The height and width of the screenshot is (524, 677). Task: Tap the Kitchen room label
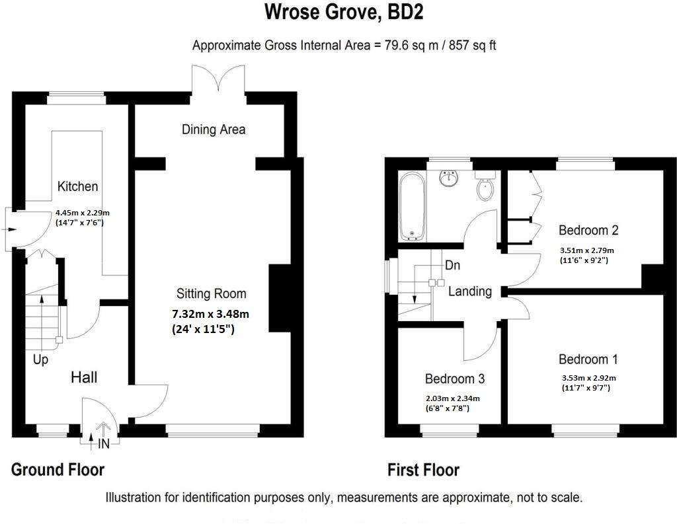point(77,187)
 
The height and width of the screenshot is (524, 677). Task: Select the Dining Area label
point(214,130)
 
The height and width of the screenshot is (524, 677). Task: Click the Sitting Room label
point(211,293)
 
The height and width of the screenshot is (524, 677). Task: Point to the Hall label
point(85,377)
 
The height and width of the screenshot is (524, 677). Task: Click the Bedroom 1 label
point(588,359)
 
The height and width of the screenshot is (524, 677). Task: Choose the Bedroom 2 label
point(588,231)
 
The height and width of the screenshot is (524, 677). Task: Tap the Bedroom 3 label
point(454,379)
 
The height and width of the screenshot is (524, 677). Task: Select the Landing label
point(469,291)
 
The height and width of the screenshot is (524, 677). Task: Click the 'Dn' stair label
point(452,266)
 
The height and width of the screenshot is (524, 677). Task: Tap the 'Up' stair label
point(40,361)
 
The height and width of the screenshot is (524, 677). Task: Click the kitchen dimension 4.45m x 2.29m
point(82,213)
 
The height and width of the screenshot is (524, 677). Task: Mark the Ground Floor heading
point(58,470)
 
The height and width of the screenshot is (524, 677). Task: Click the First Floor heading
point(423,470)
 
